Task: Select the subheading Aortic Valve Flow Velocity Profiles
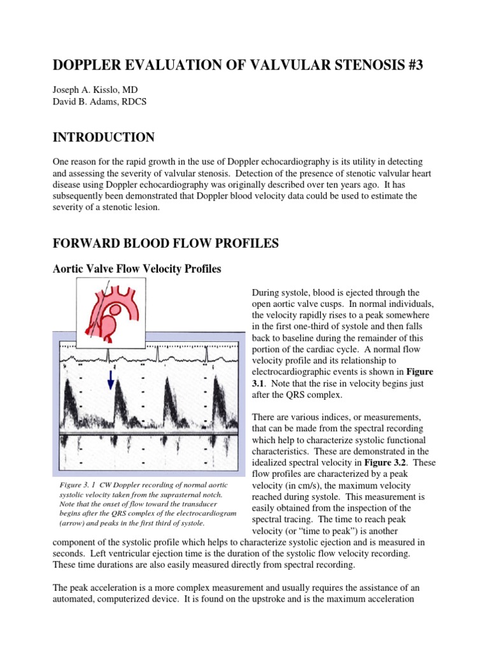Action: pyautogui.click(x=136, y=269)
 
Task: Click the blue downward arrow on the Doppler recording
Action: pyautogui.click(x=111, y=379)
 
